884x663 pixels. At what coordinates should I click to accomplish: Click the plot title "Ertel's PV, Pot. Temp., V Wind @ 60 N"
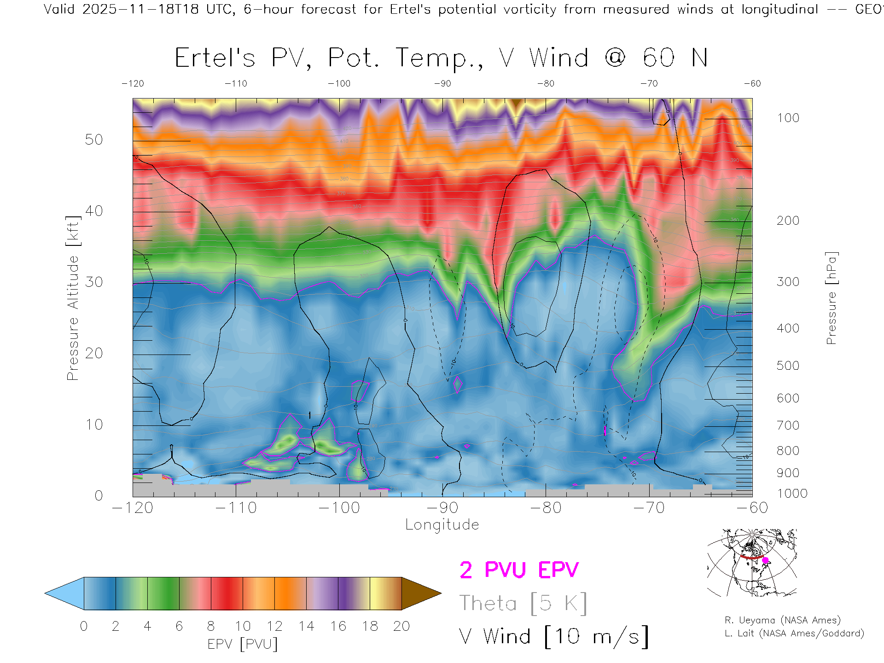(x=441, y=58)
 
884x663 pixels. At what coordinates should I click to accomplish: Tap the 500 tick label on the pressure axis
(x=788, y=366)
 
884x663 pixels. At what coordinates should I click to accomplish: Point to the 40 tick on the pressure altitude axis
(x=94, y=211)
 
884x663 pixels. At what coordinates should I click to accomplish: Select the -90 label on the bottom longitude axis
(x=442, y=508)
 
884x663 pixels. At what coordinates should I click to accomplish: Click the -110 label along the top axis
(x=236, y=83)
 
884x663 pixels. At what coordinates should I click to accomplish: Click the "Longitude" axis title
(x=442, y=525)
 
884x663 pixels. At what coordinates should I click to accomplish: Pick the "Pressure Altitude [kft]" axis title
(x=73, y=298)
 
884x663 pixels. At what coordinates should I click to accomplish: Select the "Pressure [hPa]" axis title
(x=831, y=298)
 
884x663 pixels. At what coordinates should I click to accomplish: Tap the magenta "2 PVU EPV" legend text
(x=519, y=570)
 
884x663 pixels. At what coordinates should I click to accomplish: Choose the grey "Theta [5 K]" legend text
(x=523, y=603)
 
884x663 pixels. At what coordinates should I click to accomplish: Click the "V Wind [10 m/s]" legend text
(x=553, y=637)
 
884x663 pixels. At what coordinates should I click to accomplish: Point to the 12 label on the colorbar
(x=274, y=626)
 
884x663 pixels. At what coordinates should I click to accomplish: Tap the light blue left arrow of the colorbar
(x=62, y=593)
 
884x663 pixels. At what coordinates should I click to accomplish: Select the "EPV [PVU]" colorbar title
(x=243, y=644)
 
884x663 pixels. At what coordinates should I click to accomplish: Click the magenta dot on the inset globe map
(x=765, y=560)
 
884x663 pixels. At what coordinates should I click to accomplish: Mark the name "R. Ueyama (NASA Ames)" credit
(x=783, y=620)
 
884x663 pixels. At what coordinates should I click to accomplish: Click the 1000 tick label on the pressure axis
(x=792, y=494)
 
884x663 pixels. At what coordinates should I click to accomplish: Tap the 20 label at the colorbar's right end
(x=401, y=626)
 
